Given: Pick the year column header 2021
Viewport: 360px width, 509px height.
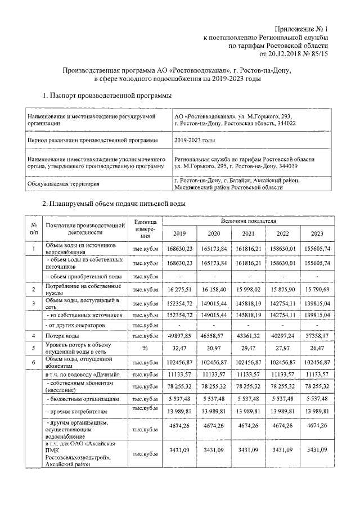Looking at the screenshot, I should point(248,235).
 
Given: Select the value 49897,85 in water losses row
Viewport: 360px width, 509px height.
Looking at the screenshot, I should point(179,335).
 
